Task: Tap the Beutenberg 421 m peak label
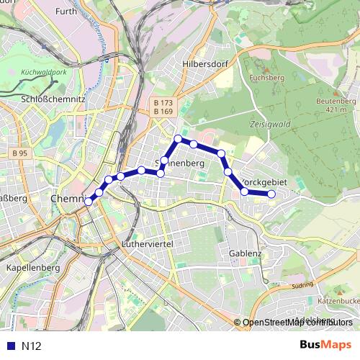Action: [336, 105]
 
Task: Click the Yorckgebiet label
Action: [264, 183]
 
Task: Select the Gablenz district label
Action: [246, 253]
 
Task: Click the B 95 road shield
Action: [19, 153]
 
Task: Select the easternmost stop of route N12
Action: [271, 194]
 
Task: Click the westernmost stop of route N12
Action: [89, 202]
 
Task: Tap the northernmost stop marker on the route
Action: [178, 138]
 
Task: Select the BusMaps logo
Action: [325, 346]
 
